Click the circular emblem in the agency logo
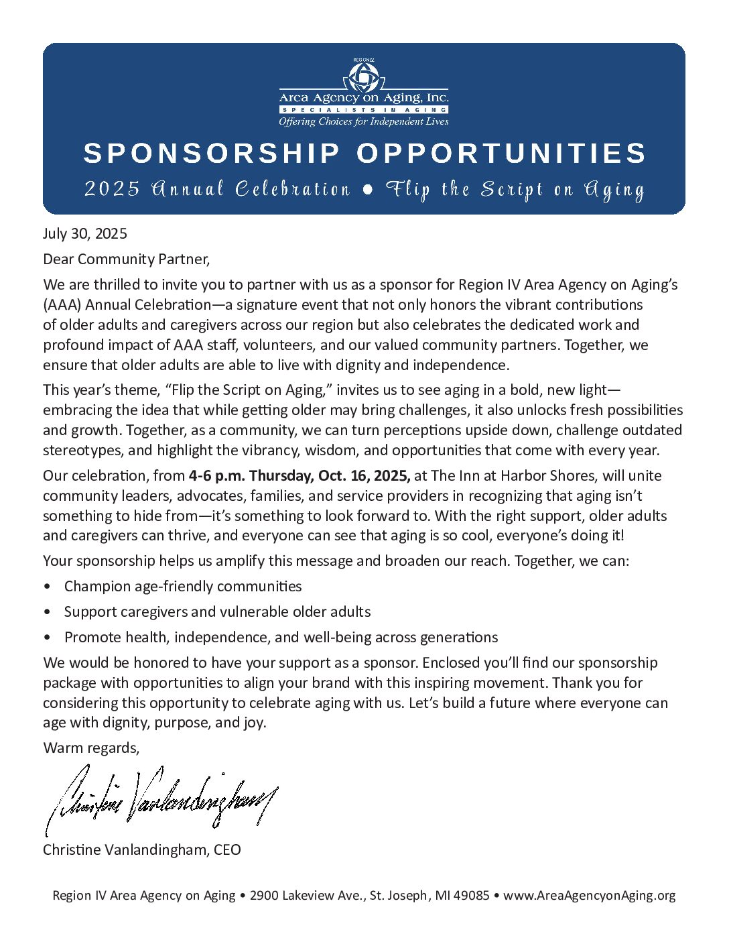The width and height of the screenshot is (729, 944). (x=364, y=76)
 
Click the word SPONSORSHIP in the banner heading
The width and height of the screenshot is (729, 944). (x=212, y=154)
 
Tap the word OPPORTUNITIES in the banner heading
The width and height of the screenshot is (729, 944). (x=501, y=154)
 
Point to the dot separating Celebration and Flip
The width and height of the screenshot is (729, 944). (x=367, y=190)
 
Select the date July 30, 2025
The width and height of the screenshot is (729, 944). (x=85, y=233)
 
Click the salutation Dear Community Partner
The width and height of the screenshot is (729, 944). (x=127, y=259)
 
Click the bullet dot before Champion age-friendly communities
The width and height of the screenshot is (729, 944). (x=46, y=587)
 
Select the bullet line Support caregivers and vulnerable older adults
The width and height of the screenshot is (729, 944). (x=217, y=611)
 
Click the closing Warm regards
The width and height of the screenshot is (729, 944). (x=91, y=748)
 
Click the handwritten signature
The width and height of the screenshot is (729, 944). (x=161, y=798)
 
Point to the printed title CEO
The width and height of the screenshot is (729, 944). (x=227, y=849)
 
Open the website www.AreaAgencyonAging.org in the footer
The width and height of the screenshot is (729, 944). (x=589, y=895)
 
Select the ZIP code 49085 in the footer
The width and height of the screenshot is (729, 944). (x=472, y=895)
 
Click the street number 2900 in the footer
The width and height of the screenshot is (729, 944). (x=264, y=895)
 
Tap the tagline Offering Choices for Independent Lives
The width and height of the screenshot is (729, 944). (x=364, y=121)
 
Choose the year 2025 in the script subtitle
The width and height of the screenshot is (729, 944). (x=112, y=190)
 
